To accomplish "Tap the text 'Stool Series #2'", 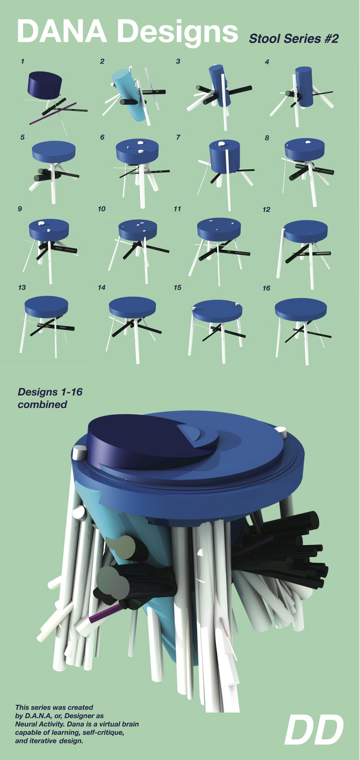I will point(293,39).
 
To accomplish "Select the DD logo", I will point(313,730).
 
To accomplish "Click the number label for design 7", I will point(178,137).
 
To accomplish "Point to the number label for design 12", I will point(267,209).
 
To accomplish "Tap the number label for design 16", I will point(267,288).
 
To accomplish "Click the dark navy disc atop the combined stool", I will point(140,438).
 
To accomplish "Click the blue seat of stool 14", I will point(133,306).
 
